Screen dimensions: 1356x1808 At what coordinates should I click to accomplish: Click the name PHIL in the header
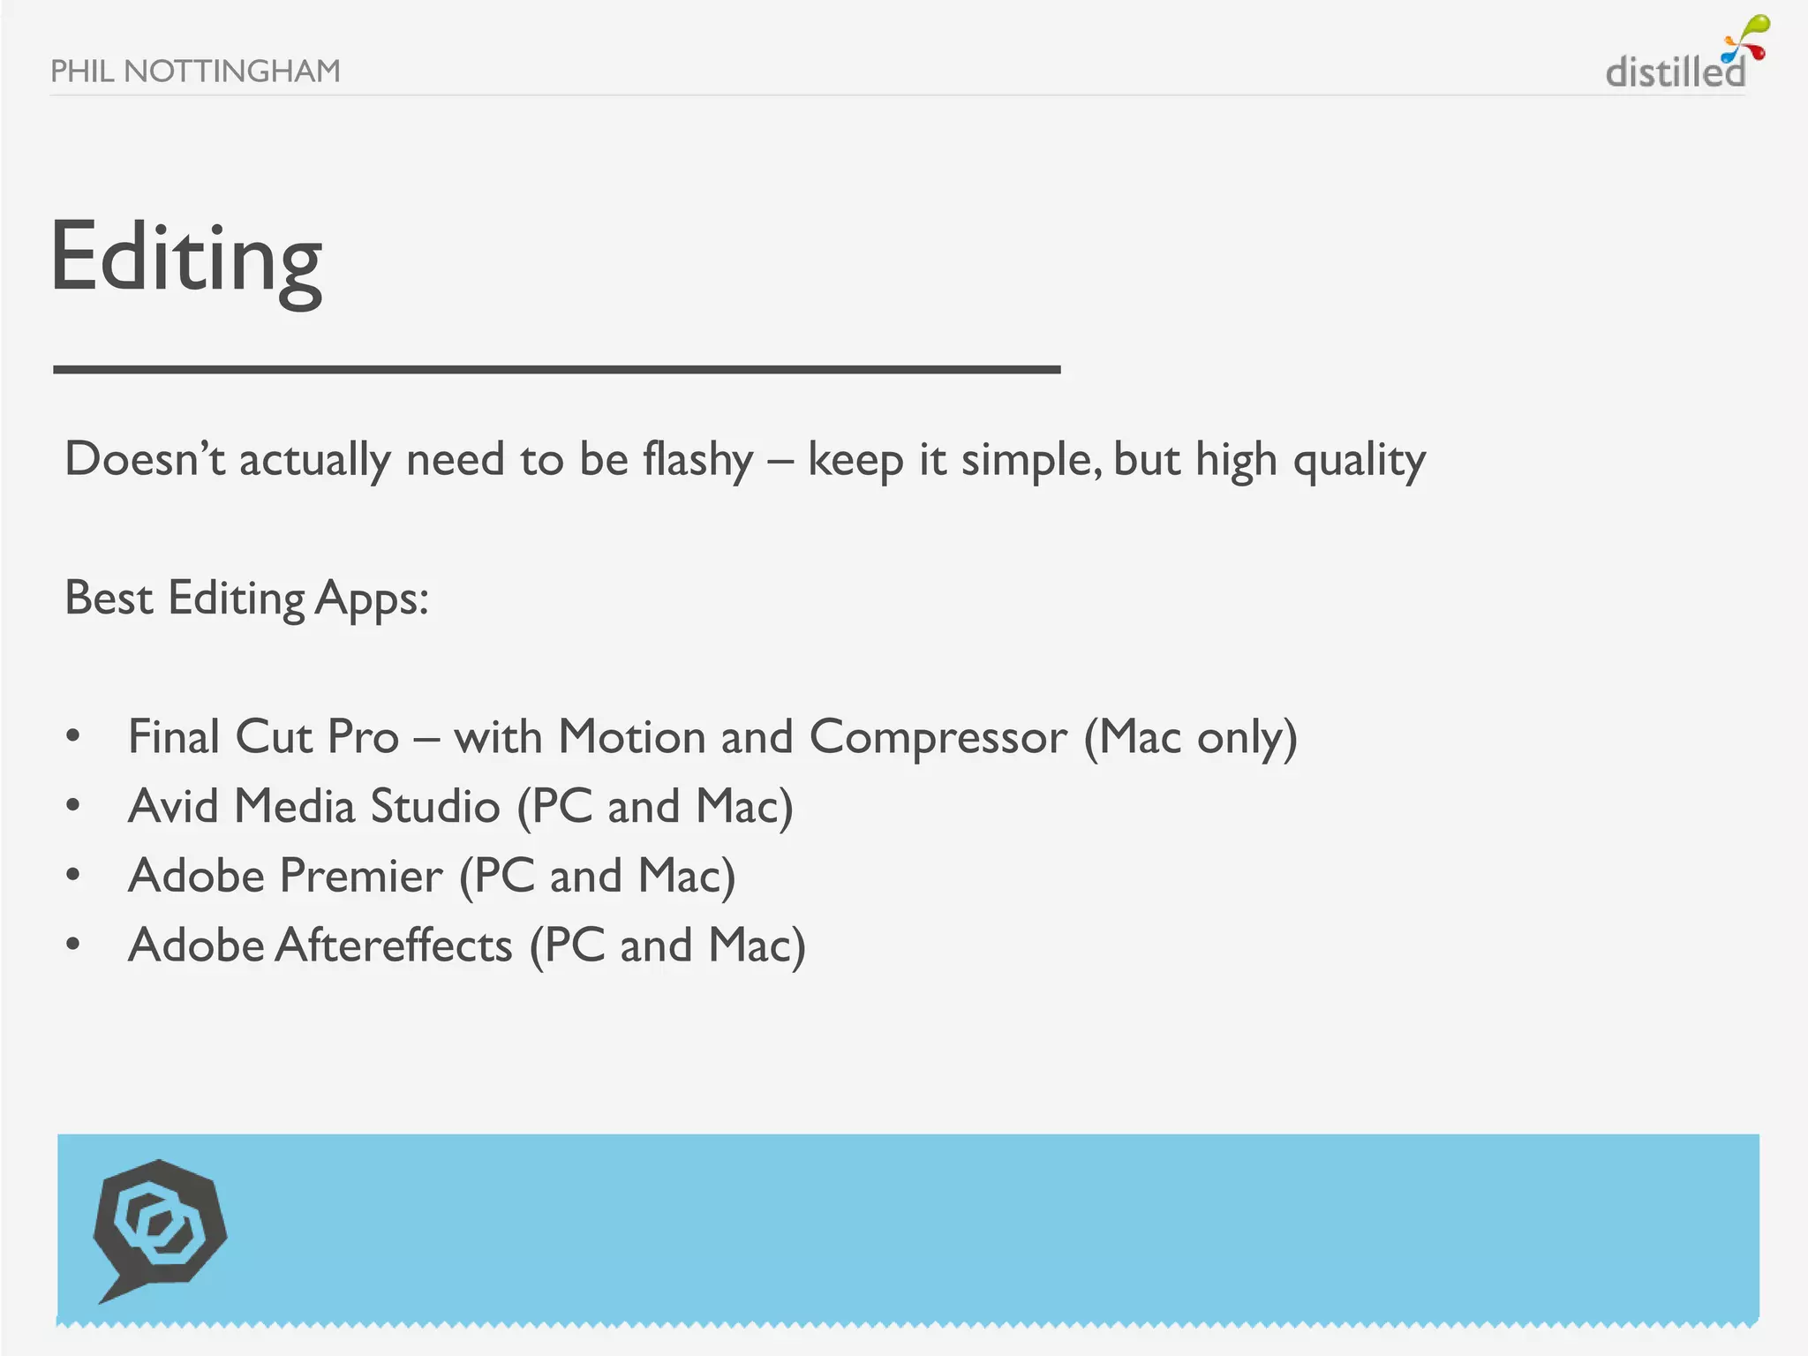click(82, 71)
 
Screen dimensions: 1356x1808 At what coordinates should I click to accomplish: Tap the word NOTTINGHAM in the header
click(232, 71)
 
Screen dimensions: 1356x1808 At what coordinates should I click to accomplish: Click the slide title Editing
click(186, 258)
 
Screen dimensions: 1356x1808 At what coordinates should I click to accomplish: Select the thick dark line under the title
click(556, 370)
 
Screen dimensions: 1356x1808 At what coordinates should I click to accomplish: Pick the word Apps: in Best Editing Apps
click(372, 599)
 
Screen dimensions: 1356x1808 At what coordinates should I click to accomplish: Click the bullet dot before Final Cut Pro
click(73, 735)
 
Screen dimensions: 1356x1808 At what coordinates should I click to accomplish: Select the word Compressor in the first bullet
click(938, 737)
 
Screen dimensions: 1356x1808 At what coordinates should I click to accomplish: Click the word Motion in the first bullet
click(631, 737)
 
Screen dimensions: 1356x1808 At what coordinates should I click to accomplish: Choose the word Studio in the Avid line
click(435, 806)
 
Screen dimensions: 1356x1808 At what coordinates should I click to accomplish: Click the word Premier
click(360, 876)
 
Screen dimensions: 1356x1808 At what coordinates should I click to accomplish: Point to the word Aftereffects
click(394, 945)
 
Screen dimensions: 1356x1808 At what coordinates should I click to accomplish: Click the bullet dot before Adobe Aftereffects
click(73, 945)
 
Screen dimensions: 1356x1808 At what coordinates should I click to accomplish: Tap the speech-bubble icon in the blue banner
click(160, 1228)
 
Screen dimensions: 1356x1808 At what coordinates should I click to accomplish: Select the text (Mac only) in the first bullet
click(1191, 737)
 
